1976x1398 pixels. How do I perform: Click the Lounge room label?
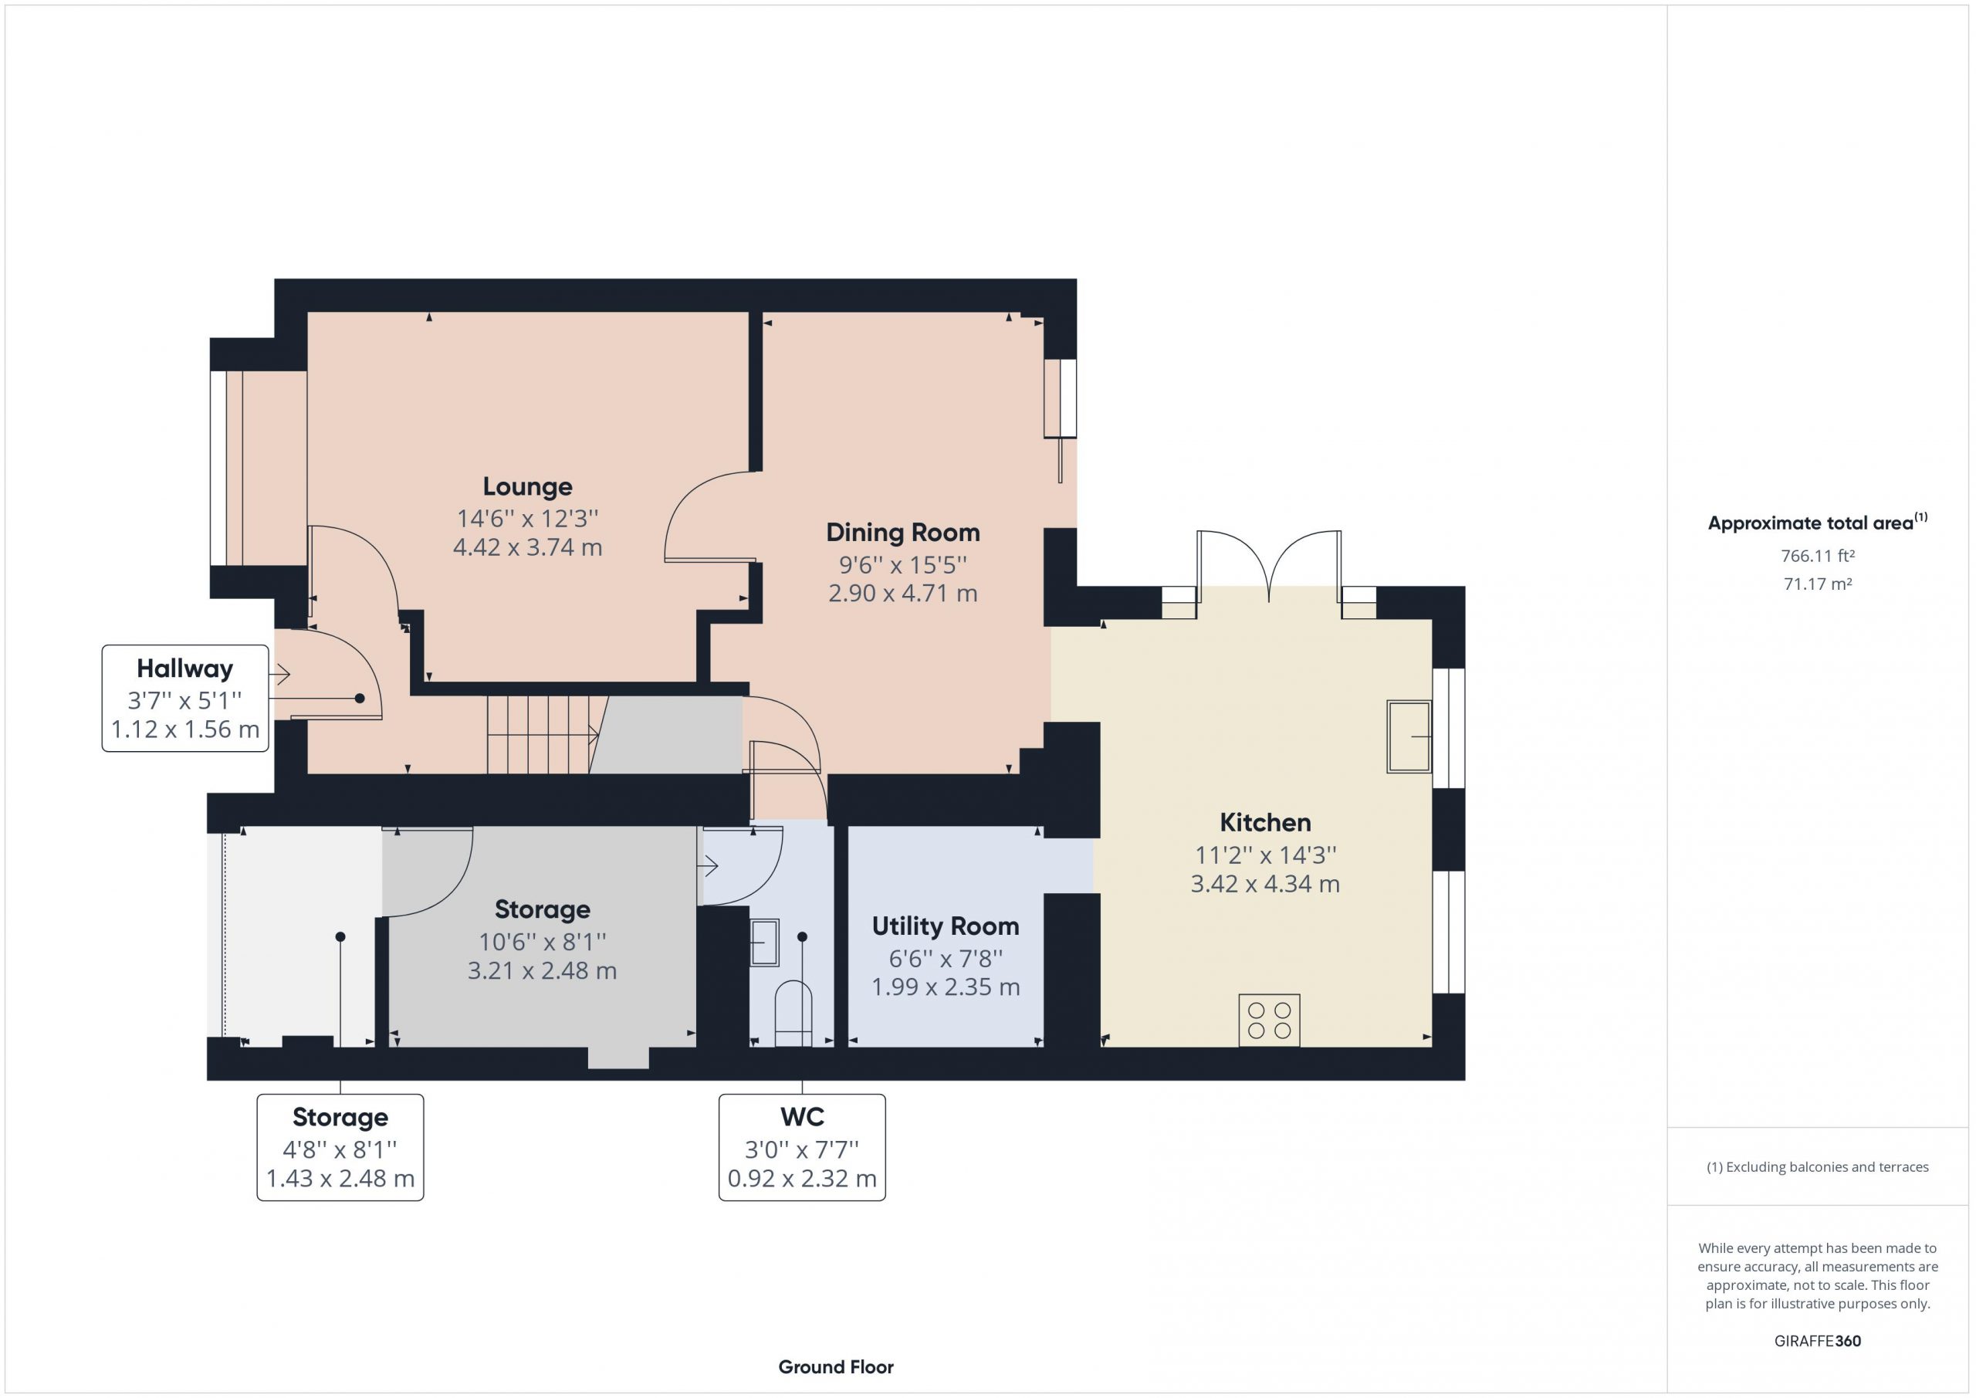526,487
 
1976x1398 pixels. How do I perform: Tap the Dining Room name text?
903,533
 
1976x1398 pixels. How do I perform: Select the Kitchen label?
1265,823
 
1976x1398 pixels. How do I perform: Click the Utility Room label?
945,926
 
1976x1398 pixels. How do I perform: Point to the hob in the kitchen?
1270,1020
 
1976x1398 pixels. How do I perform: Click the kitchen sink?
1409,736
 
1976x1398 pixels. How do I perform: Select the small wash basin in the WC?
764,943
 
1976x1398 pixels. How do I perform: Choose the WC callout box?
802,1147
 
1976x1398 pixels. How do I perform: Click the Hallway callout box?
185,698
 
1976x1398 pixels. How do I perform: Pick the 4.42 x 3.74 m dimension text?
527,547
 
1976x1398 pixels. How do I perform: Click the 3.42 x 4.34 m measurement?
1265,884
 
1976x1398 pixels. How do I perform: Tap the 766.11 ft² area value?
1818,556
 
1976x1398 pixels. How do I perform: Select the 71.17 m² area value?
1818,584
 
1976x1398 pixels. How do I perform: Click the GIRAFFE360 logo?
1818,1341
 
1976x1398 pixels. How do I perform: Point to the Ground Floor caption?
836,1367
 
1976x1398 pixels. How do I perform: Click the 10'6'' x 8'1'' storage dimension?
542,942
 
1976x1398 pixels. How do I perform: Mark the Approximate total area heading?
1818,522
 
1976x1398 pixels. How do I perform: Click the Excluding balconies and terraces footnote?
1818,1167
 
